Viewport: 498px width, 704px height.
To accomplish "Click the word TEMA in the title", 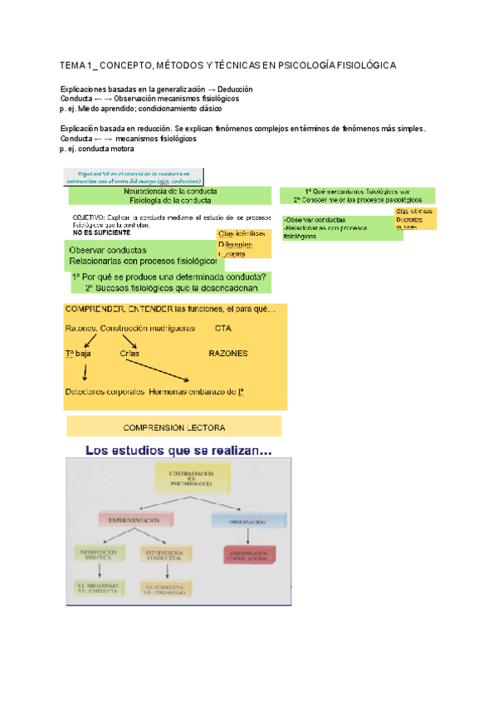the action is [x=72, y=64].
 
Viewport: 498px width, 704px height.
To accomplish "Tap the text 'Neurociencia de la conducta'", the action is [x=170, y=191].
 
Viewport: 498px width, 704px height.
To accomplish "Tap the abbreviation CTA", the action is [x=222, y=328].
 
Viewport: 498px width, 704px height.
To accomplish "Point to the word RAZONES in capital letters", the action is [x=228, y=353].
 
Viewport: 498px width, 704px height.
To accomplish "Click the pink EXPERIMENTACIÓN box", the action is [x=136, y=520].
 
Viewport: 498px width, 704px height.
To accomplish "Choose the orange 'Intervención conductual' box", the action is [x=166, y=555].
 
